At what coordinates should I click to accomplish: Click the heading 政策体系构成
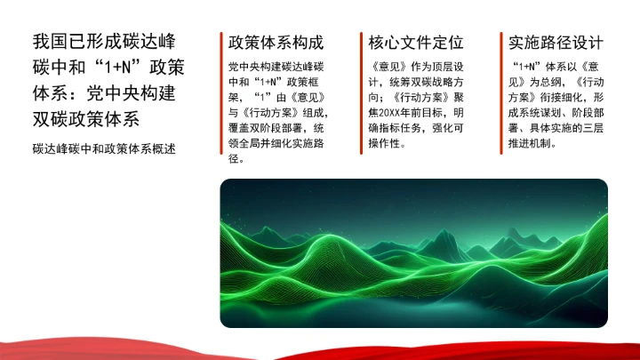(x=276, y=43)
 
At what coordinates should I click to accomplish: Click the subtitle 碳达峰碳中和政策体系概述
(x=103, y=148)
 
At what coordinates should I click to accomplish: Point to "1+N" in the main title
(x=122, y=68)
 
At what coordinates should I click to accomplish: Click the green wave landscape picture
(x=413, y=253)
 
